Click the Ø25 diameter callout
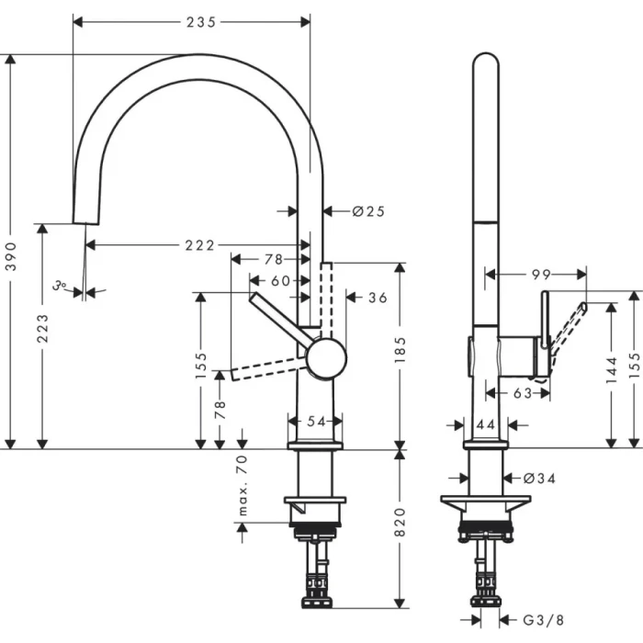pos(368,211)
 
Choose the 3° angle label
pos(61,287)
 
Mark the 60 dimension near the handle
pos(279,280)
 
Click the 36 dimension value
pos(378,298)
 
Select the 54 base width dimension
pos(316,421)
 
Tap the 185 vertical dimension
pos(400,350)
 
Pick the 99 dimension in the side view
pos(540,274)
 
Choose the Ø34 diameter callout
pos(541,478)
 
